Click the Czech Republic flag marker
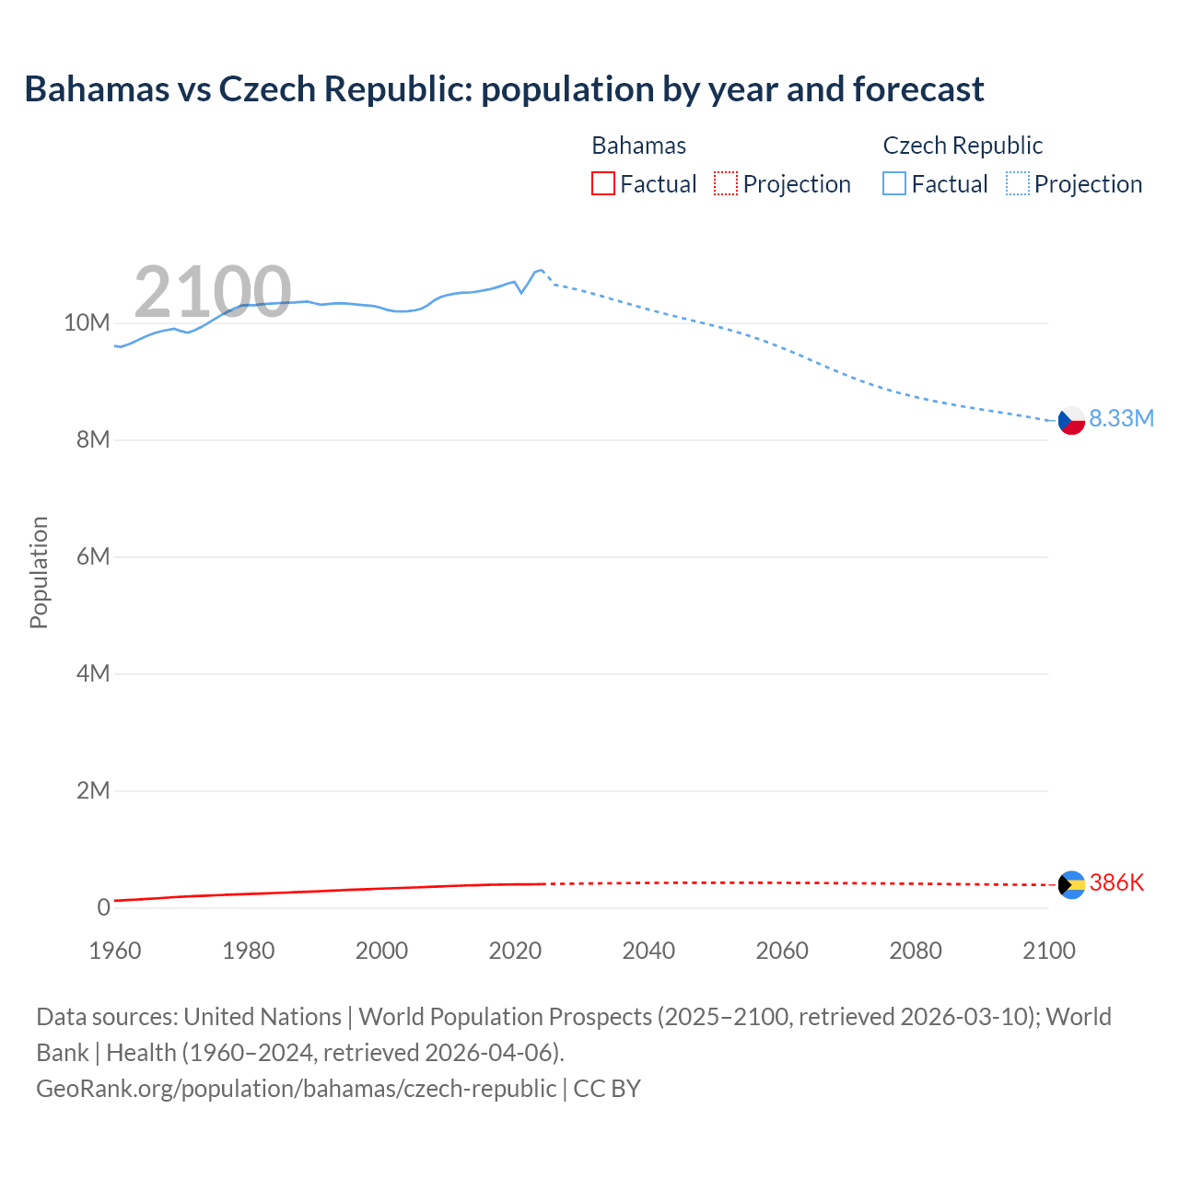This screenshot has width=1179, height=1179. [1071, 421]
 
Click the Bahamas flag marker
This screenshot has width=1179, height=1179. [1071, 885]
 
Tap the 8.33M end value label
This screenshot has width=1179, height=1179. [1121, 418]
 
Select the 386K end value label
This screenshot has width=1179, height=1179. [1116, 882]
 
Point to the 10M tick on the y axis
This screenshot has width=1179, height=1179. [87, 322]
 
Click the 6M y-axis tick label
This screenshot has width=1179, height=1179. [92, 556]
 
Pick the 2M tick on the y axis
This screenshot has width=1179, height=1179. [92, 790]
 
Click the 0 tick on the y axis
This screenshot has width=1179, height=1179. [103, 907]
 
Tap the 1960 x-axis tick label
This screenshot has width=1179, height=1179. [115, 951]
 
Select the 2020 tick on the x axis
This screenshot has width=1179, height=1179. [515, 951]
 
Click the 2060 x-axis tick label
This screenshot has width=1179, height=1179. [782, 951]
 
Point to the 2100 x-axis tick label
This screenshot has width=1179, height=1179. [1048, 951]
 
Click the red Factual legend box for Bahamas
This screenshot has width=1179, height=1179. [603, 183]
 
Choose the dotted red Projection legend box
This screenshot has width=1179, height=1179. [726, 183]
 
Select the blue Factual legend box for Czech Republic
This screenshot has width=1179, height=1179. [894, 183]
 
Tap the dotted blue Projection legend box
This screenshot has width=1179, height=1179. [1018, 183]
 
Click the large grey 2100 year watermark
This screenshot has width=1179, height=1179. [213, 292]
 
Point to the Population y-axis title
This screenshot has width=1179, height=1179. [39, 572]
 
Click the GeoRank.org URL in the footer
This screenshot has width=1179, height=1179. [296, 1088]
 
